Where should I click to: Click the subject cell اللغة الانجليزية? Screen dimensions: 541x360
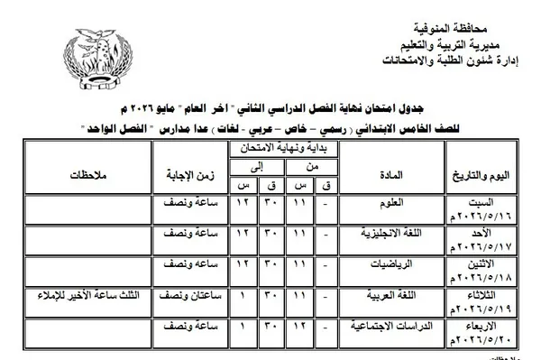pos(386,234)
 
